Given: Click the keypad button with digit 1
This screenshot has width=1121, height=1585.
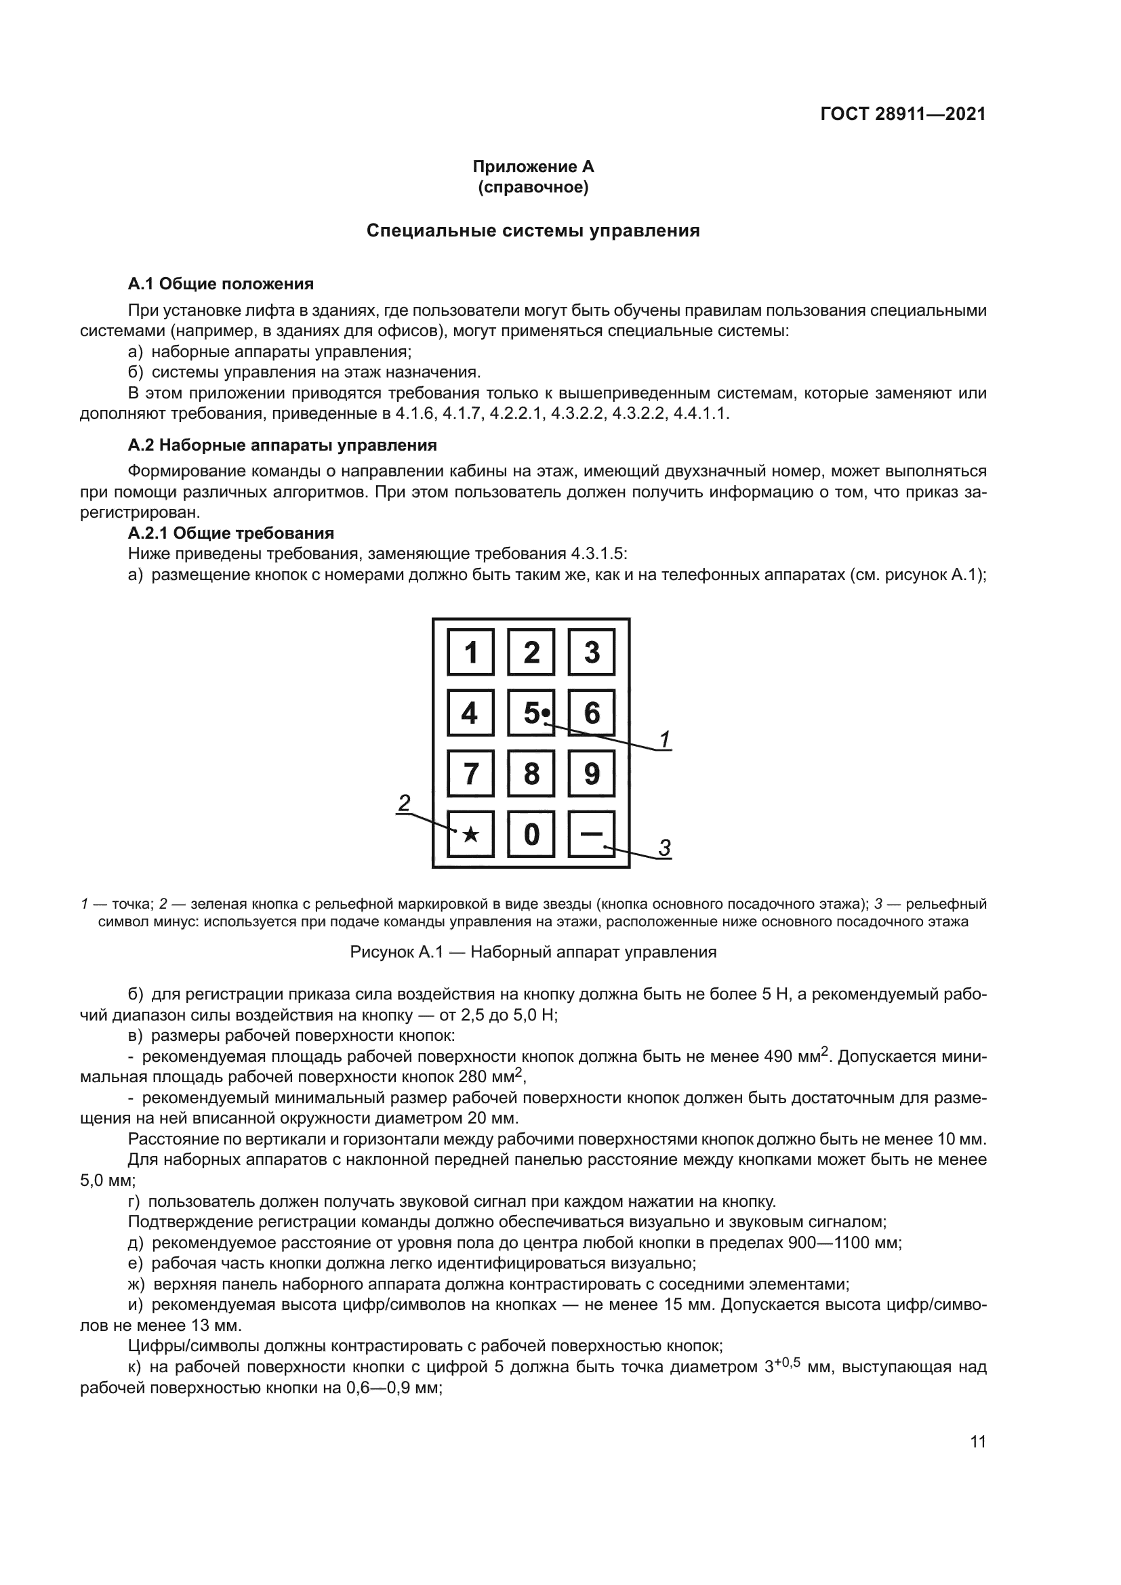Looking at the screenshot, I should [x=470, y=652].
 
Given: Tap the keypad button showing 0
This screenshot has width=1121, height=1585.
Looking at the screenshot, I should [x=531, y=834].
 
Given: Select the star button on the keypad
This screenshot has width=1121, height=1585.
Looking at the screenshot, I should [x=470, y=834].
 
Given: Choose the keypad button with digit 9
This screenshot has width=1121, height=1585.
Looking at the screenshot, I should [x=592, y=773].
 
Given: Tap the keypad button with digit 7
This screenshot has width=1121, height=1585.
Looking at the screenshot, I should [x=470, y=773].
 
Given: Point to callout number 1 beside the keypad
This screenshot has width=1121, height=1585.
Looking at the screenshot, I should [x=664, y=739].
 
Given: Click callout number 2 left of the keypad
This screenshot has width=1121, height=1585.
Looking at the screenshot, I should [x=404, y=802].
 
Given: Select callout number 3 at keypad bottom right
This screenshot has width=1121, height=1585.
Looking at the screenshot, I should [x=664, y=847].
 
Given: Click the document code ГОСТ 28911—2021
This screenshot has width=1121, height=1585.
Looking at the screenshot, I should [x=903, y=114].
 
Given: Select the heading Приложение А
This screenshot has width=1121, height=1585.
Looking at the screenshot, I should [x=533, y=167].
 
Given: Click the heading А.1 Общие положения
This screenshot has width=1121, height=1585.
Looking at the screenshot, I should [x=220, y=284].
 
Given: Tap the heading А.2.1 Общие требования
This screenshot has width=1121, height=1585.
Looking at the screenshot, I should [x=230, y=533].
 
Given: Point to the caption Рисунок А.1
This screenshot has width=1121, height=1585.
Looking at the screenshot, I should [x=533, y=952].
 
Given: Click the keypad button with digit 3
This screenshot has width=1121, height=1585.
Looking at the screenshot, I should [x=592, y=652].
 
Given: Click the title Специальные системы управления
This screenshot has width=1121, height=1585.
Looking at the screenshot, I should [x=533, y=230].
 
